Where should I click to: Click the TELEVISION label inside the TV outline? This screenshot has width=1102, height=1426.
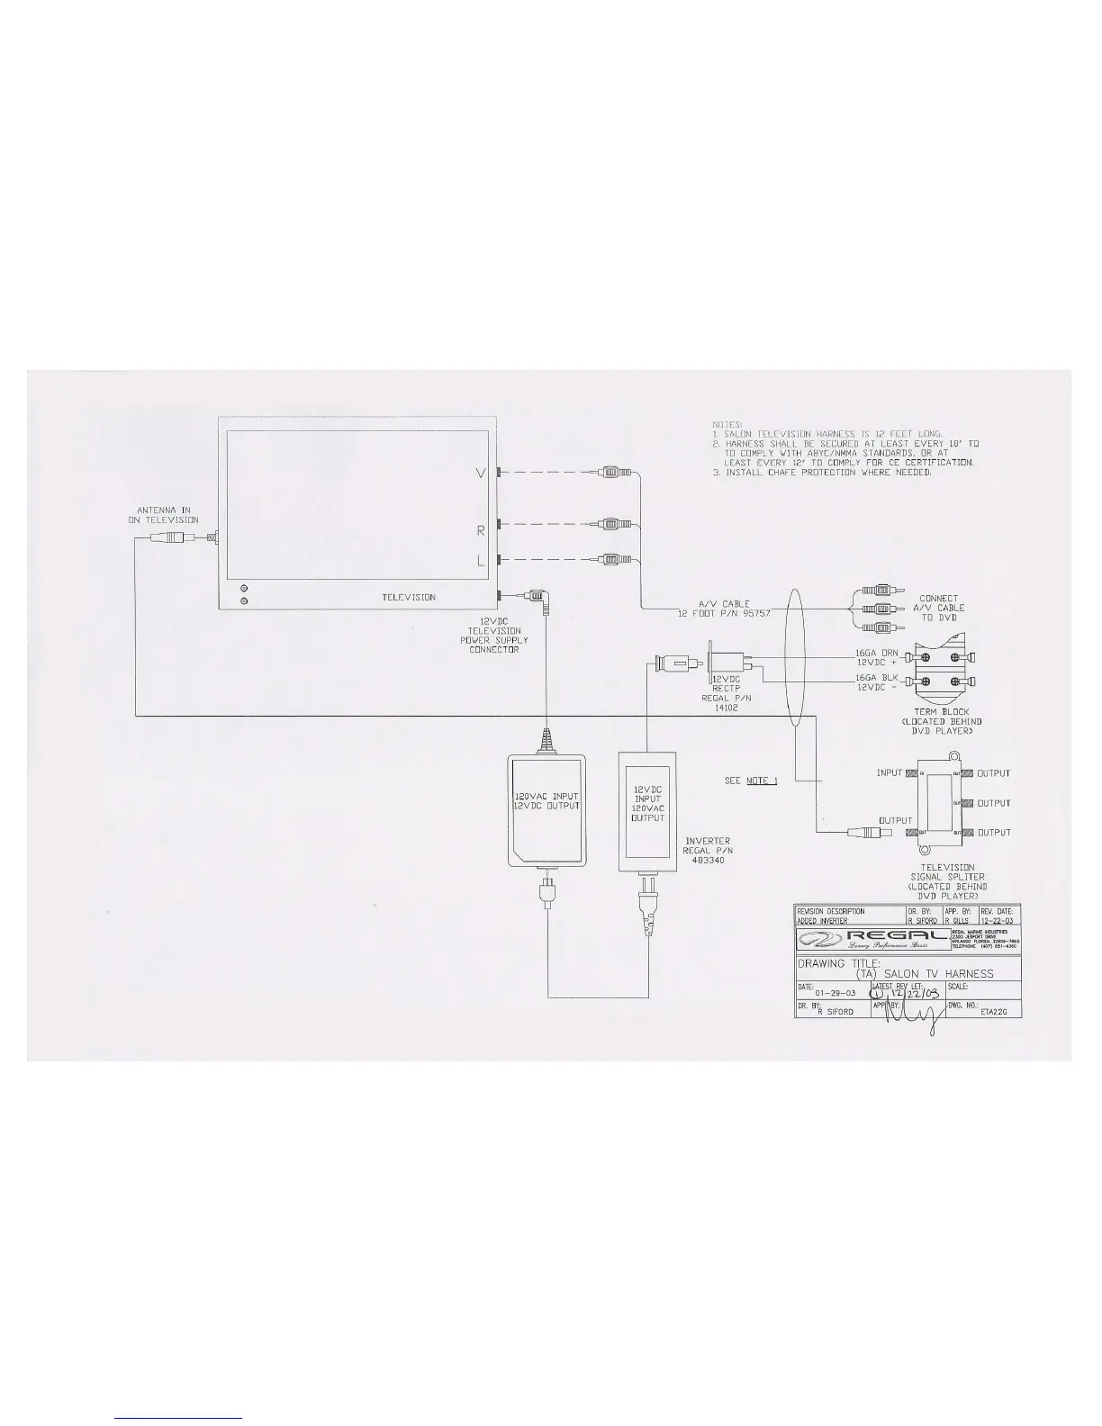(x=409, y=597)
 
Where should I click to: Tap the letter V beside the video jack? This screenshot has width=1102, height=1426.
(x=483, y=474)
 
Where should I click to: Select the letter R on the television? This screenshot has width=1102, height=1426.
(x=482, y=531)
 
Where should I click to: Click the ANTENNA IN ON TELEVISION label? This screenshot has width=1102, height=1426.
(x=163, y=515)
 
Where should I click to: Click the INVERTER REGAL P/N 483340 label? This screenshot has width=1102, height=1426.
(x=708, y=850)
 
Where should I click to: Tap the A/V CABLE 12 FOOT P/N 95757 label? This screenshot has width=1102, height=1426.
(x=714, y=609)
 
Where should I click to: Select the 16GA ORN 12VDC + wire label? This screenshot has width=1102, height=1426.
(x=877, y=657)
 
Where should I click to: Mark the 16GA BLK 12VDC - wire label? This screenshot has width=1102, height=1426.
(x=877, y=681)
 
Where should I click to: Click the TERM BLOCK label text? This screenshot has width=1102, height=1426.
(x=942, y=711)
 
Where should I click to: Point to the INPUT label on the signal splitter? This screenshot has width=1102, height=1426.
(x=890, y=773)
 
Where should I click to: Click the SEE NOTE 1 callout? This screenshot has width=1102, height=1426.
(x=751, y=781)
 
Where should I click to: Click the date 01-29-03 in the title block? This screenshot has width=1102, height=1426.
(x=835, y=993)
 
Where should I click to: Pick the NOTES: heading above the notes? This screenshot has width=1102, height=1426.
(x=727, y=423)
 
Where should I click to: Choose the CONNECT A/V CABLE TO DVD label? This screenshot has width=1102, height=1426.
(x=939, y=608)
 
